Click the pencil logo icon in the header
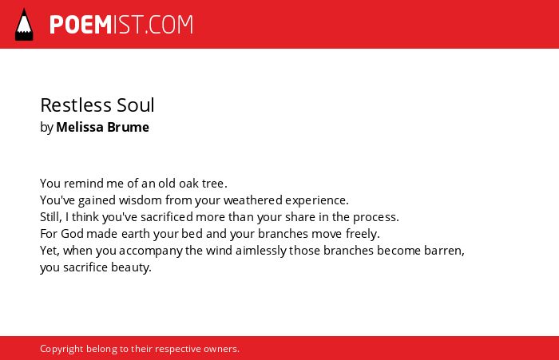coord(24,24)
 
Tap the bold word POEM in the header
coord(81,25)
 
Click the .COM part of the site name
coord(168,25)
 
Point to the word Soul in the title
coord(136,105)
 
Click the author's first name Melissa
coord(80,127)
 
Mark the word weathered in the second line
coord(253,200)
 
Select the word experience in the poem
coord(315,200)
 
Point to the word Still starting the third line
coord(50,216)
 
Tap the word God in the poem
coord(73,233)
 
